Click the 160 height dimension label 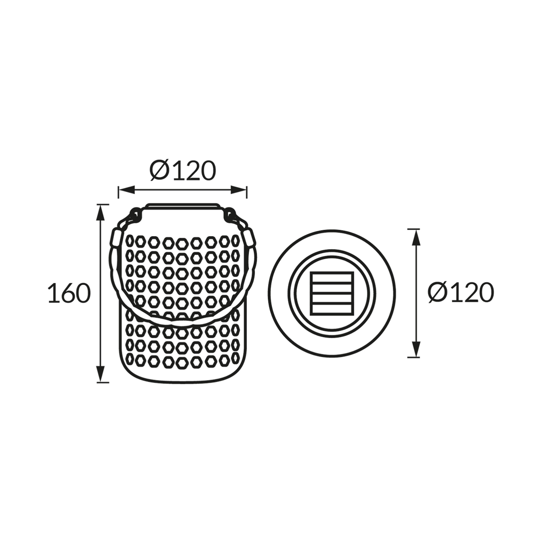(69, 293)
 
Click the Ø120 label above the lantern (183, 171)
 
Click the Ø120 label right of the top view (461, 293)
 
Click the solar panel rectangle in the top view (332, 293)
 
